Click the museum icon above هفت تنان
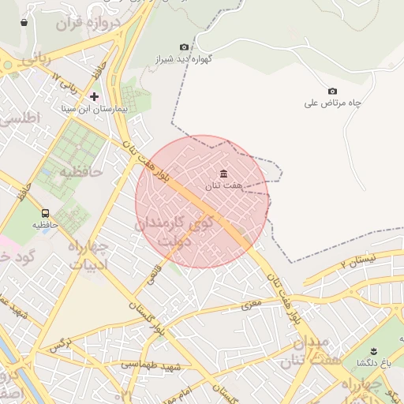point(224,174)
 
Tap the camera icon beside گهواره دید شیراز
point(185,47)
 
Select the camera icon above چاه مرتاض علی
point(332,92)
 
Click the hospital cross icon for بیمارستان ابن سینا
point(94,96)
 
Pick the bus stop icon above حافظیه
point(45,213)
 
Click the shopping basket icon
point(24,22)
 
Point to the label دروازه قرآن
point(79,24)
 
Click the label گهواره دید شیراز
point(163,59)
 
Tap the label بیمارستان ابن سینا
point(94,108)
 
